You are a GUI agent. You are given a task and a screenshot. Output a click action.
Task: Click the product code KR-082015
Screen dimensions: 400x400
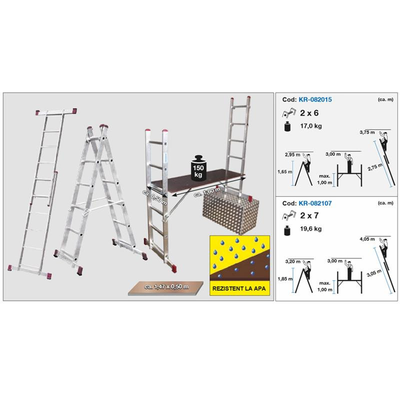click(x=315, y=99)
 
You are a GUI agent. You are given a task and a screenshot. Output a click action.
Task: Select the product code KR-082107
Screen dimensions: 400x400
click(x=315, y=203)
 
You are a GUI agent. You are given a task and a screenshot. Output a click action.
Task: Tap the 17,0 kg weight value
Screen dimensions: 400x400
click(x=310, y=126)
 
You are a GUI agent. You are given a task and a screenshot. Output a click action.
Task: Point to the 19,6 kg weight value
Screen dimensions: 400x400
click(x=310, y=228)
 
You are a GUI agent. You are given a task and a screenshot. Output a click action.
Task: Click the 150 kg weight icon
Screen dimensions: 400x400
click(x=198, y=168)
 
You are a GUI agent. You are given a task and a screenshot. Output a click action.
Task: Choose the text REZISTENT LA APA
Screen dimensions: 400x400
click(x=239, y=288)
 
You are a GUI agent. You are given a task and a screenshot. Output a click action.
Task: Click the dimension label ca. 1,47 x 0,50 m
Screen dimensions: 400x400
click(x=166, y=286)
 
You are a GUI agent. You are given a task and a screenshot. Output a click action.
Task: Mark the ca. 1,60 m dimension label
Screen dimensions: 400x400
click(x=207, y=192)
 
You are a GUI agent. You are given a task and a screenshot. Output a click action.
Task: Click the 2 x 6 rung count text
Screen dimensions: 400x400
click(x=309, y=113)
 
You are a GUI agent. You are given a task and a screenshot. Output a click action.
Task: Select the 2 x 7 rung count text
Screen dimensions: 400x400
click(x=309, y=215)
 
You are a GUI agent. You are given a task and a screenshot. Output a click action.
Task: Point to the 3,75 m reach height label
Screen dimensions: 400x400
click(x=367, y=132)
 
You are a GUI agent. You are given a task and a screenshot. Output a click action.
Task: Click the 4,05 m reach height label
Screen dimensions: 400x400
click(x=367, y=239)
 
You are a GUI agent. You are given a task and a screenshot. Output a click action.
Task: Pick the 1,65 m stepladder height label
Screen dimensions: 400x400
click(x=285, y=172)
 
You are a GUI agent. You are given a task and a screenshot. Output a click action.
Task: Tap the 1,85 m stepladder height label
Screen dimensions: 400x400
click(x=285, y=279)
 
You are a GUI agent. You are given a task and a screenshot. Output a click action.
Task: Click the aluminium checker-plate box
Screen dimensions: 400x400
click(x=230, y=213)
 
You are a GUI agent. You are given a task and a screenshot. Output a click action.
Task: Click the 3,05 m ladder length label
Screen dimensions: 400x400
click(x=374, y=273)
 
